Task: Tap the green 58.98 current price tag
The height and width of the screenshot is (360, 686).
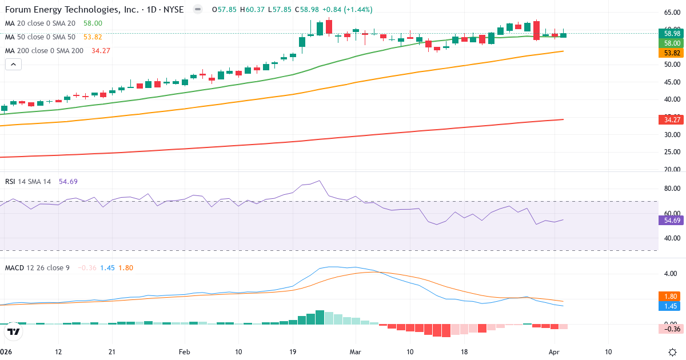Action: (x=668, y=33)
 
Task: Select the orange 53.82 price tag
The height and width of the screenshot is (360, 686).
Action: (x=668, y=53)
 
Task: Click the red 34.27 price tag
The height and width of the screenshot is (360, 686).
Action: (x=668, y=119)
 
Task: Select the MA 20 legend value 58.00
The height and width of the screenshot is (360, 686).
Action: (x=93, y=23)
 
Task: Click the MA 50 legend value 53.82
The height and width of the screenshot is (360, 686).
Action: (x=93, y=37)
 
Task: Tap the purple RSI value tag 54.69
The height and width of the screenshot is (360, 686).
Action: (x=668, y=221)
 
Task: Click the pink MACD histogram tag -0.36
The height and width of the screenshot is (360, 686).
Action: (x=669, y=329)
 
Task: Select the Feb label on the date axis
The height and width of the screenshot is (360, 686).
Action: (x=184, y=352)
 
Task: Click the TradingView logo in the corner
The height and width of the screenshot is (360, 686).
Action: (x=14, y=331)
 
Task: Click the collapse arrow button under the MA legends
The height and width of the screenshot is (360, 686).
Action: (x=14, y=64)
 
